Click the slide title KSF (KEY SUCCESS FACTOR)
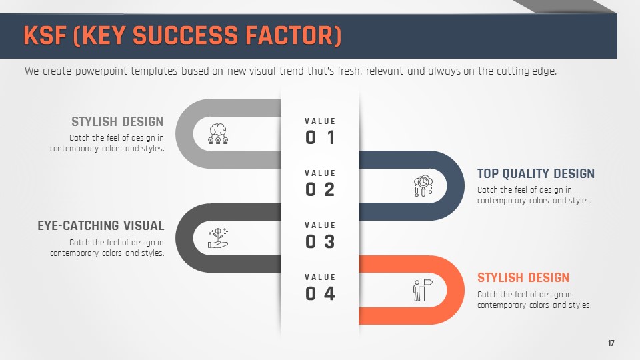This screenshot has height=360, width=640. pyautogui.click(x=183, y=35)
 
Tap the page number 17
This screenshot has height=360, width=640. pyautogui.click(x=611, y=343)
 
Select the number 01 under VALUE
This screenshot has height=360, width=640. pyautogui.click(x=321, y=137)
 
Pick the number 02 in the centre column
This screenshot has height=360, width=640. pyautogui.click(x=321, y=189)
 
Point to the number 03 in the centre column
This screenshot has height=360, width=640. pyautogui.click(x=321, y=241)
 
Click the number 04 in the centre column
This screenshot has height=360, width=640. pyautogui.click(x=321, y=293)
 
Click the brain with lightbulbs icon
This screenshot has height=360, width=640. pyautogui.click(x=219, y=134)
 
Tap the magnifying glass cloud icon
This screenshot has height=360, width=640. pyautogui.click(x=423, y=186)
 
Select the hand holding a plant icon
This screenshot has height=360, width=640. pyautogui.click(x=219, y=238)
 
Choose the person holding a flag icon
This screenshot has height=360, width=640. pyautogui.click(x=423, y=290)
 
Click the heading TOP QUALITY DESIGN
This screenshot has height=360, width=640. pyautogui.click(x=536, y=173)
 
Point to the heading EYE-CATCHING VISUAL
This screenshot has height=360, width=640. pyautogui.click(x=101, y=225)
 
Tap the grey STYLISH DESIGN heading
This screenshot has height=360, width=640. pyautogui.click(x=117, y=121)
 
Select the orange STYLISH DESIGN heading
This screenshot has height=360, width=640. pyautogui.click(x=523, y=277)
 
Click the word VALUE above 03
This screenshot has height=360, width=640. pyautogui.click(x=320, y=225)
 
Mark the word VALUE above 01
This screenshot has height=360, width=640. pyautogui.click(x=320, y=121)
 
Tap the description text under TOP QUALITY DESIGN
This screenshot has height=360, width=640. pyautogui.click(x=535, y=195)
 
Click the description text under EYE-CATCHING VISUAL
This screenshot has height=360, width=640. pyautogui.click(x=107, y=248)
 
